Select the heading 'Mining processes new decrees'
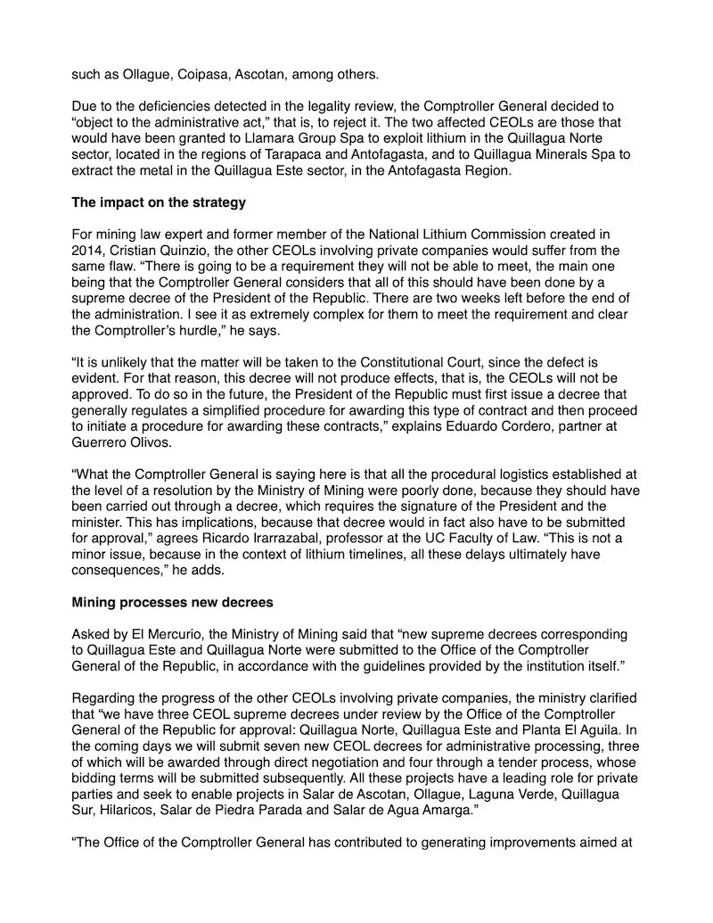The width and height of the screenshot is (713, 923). click(172, 603)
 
